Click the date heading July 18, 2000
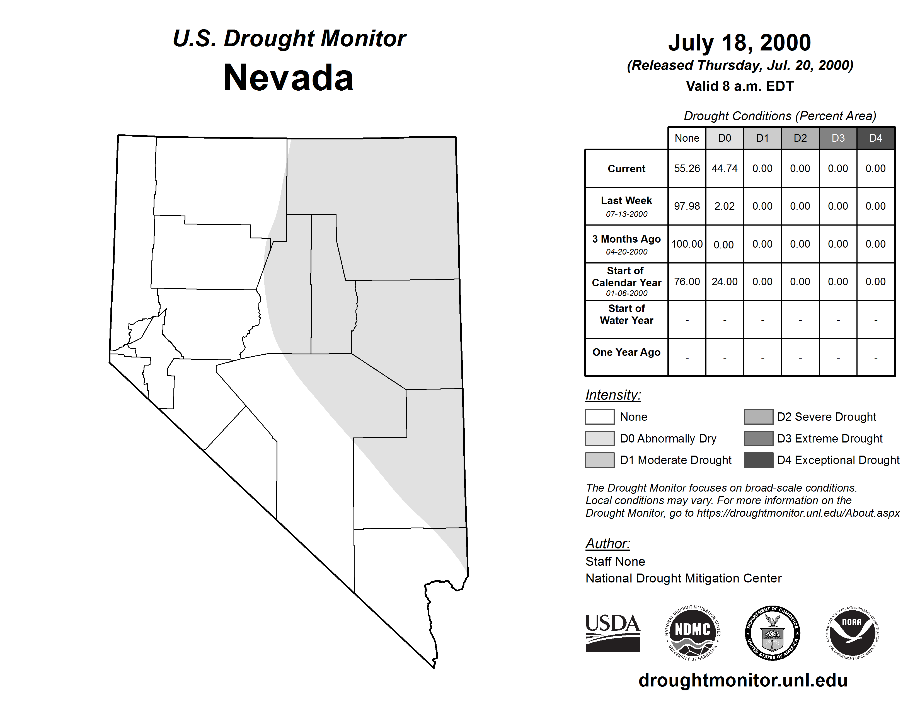(x=739, y=43)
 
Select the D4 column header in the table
(x=875, y=138)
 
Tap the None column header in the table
(x=687, y=138)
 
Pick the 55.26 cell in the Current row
(x=687, y=168)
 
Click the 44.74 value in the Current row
(x=725, y=168)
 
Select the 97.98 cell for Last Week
(x=687, y=206)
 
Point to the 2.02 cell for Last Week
(x=725, y=206)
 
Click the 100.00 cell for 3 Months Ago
(x=687, y=244)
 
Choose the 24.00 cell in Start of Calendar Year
(x=725, y=281)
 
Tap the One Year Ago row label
(x=626, y=352)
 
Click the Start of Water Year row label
(x=626, y=315)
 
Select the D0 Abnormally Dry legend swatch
(x=599, y=438)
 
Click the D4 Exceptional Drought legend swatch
(x=758, y=460)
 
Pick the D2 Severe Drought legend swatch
(x=758, y=417)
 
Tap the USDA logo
(x=612, y=633)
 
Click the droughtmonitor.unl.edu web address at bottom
(x=743, y=680)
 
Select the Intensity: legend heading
(x=613, y=395)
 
